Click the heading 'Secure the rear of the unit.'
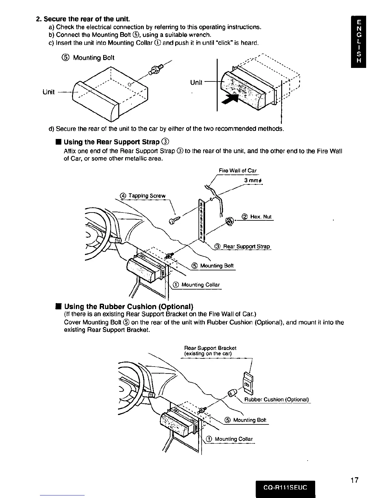pyautogui.click(x=83, y=19)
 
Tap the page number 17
pyautogui.click(x=354, y=480)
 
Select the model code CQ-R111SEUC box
pyautogui.click(x=285, y=488)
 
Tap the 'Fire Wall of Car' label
pyautogui.click(x=237, y=171)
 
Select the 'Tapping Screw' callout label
pyautogui.click(x=143, y=196)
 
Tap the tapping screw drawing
pyautogui.click(x=175, y=220)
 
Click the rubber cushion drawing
pyautogui.click(x=233, y=393)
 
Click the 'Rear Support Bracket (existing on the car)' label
pyautogui.click(x=210, y=351)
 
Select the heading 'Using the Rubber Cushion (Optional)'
pyautogui.click(x=129, y=307)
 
